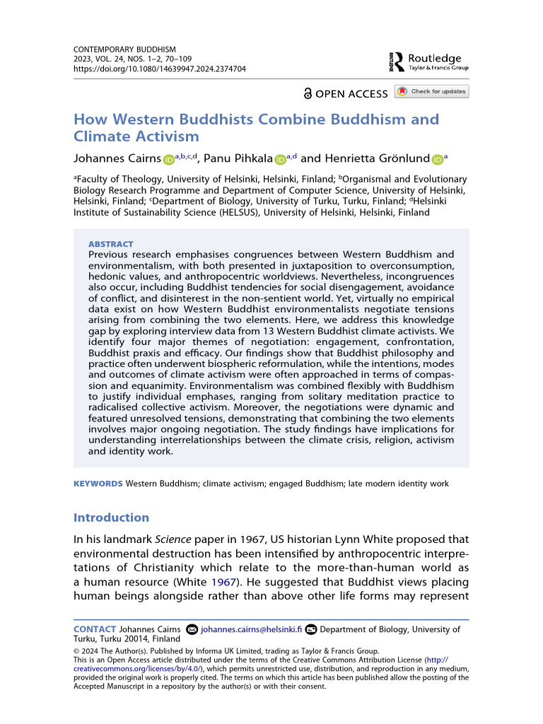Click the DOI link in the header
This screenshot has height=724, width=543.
pyautogui.click(x=160, y=69)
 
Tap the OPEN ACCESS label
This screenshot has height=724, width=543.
pyautogui.click(x=346, y=93)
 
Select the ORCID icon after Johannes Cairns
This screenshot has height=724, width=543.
pyautogui.click(x=168, y=160)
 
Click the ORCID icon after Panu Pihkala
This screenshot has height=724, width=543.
pyautogui.click(x=280, y=160)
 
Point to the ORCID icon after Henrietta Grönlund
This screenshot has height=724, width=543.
pyautogui.click(x=437, y=160)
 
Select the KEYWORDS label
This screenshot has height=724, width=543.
pyautogui.click(x=98, y=484)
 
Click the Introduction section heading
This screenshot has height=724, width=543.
pyautogui.click(x=111, y=517)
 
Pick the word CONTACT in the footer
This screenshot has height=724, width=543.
pyautogui.click(x=95, y=629)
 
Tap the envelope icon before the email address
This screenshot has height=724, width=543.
pyautogui.click(x=191, y=629)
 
